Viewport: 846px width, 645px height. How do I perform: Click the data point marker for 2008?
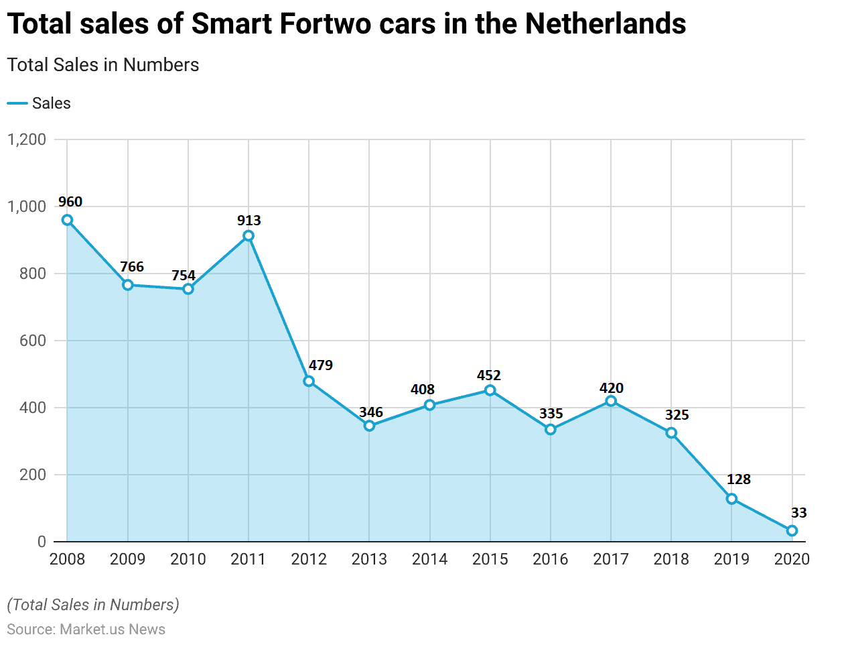[67, 220]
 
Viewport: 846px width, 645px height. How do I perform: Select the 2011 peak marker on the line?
[249, 235]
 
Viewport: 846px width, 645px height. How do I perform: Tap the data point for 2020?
[792, 530]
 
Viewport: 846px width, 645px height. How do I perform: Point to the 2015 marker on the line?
[490, 390]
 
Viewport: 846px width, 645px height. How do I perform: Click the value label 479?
[321, 365]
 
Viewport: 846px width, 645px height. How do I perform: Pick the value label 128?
[738, 479]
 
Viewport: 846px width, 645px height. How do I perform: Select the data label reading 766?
[132, 267]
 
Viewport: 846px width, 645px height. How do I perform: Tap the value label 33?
[798, 513]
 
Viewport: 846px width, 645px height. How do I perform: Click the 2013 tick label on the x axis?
[369, 559]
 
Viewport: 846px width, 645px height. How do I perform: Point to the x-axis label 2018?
[671, 559]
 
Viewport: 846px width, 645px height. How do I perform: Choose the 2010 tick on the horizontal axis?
[188, 559]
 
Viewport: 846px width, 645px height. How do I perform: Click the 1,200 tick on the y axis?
[27, 139]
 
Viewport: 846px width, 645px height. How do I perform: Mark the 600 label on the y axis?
[32, 341]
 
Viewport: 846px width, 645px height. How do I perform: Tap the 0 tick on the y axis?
[42, 542]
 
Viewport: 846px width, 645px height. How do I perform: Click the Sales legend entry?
[51, 103]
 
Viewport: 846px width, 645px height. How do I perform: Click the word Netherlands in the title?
[606, 24]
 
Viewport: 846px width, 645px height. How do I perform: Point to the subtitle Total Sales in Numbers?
[103, 65]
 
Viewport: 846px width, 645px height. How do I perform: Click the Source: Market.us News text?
[86, 630]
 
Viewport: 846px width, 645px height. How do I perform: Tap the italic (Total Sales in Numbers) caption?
[93, 605]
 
